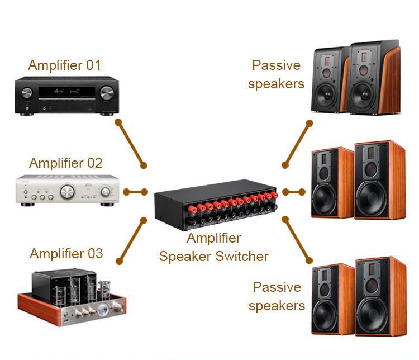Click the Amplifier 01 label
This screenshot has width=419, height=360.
click(64, 65)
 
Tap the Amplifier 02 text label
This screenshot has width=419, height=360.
click(66, 163)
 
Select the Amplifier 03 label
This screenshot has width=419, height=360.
click(66, 253)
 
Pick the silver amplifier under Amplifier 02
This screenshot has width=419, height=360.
click(66, 192)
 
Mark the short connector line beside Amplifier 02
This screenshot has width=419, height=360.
click(136, 192)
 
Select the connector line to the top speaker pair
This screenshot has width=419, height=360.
click(297, 143)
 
